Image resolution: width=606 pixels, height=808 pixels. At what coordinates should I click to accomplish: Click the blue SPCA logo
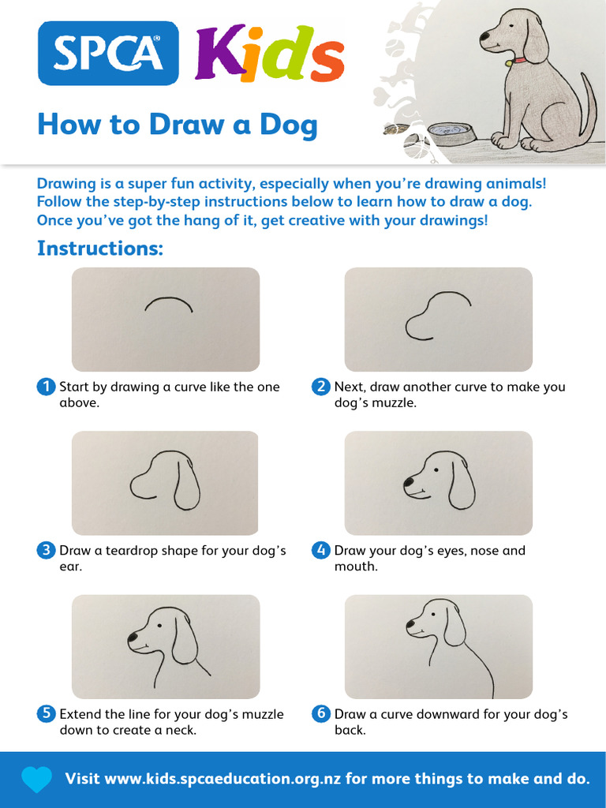(108, 53)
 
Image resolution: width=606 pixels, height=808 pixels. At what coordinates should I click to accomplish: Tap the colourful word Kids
(270, 53)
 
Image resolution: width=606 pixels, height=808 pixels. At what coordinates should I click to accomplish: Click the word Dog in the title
(289, 125)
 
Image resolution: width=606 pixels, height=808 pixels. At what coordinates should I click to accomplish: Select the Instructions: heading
(100, 249)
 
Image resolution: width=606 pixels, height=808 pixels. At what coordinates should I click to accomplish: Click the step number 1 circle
(47, 387)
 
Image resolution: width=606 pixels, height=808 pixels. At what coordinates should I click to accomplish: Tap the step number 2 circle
(321, 387)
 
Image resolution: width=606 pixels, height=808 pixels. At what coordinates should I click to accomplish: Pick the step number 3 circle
(47, 550)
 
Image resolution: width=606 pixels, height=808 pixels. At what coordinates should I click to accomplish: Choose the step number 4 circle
(321, 550)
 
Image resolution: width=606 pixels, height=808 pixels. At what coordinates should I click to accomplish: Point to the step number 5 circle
(47, 713)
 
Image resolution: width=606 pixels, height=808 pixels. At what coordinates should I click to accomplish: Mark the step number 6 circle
(321, 713)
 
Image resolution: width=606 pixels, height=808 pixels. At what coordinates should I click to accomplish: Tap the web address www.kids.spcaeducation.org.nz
(223, 779)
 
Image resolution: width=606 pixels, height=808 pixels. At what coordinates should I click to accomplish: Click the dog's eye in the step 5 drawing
(159, 625)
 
